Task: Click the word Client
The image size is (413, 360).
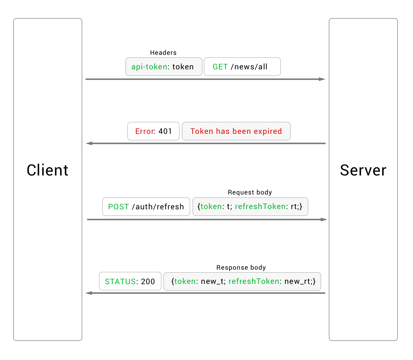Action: [x=47, y=170]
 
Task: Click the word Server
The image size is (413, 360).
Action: [x=363, y=170]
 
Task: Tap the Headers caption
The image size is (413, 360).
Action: [x=163, y=53]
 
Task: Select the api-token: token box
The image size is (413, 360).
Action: [x=164, y=67]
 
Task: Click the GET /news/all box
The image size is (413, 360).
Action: [x=242, y=67]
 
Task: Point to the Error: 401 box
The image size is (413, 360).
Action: [x=153, y=131]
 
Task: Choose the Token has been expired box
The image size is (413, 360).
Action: [x=236, y=131]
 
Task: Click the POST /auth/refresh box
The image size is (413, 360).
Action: [x=146, y=207]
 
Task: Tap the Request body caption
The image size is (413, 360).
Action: [x=250, y=192]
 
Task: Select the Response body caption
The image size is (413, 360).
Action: [x=241, y=267]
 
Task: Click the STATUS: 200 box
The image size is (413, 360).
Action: [x=130, y=281]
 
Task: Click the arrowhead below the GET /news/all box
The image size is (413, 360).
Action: [x=322, y=79]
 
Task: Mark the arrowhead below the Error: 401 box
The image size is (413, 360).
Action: [x=89, y=143]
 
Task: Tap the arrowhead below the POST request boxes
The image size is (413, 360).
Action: [x=324, y=219]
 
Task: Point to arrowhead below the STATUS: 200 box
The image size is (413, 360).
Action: [x=89, y=293]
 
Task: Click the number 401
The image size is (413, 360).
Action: [x=165, y=131]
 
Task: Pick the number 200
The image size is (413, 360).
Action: [x=148, y=282]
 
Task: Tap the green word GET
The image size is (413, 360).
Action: [x=220, y=67]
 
